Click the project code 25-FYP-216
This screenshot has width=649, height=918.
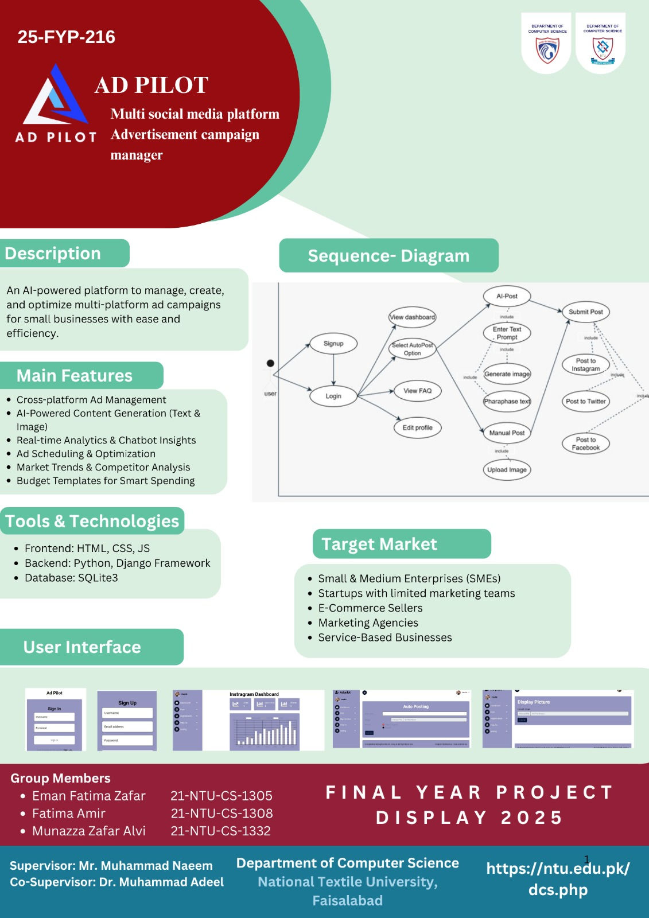[67, 37]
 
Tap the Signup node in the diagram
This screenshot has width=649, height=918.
[333, 344]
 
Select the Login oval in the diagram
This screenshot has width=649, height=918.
[333, 396]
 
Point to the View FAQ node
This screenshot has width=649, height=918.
[417, 391]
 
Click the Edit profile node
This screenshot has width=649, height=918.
[417, 427]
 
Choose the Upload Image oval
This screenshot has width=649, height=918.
[507, 469]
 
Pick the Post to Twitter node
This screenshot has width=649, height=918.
[585, 401]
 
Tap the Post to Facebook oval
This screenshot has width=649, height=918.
[585, 444]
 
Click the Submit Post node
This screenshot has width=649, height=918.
[585, 312]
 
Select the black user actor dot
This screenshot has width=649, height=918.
[270, 363]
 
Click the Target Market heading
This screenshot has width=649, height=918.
[379, 544]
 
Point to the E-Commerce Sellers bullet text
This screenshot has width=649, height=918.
[370, 608]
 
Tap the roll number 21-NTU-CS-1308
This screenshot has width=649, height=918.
[221, 813]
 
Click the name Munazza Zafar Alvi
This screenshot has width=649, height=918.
[89, 831]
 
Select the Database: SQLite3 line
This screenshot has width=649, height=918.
[71, 578]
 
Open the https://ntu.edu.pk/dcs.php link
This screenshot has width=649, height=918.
[558, 879]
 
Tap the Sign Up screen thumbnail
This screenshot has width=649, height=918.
[127, 721]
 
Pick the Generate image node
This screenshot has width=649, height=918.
[507, 374]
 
